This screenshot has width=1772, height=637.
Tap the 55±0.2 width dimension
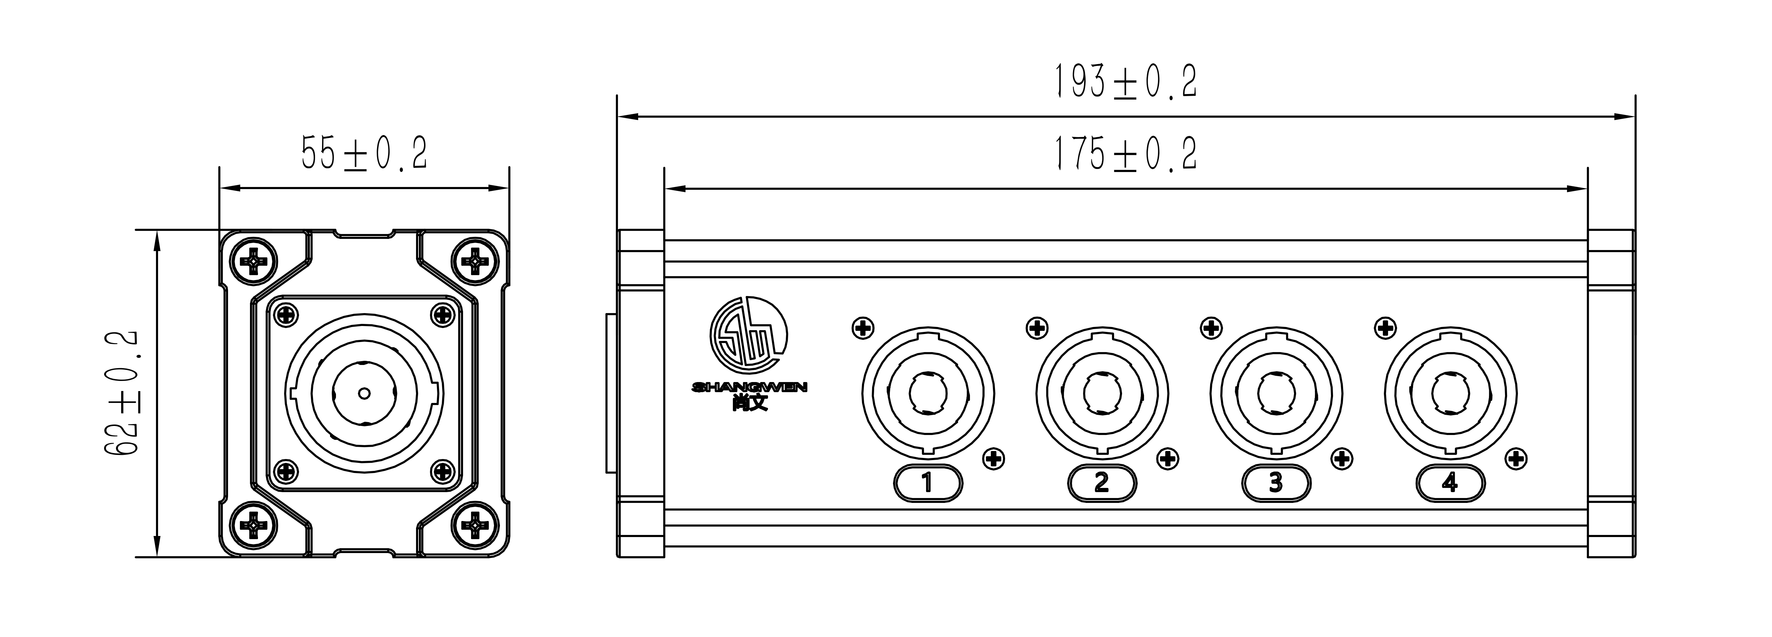pos(364,153)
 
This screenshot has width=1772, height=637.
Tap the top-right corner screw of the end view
pos(474,262)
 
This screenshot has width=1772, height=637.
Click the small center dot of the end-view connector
pos(364,394)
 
